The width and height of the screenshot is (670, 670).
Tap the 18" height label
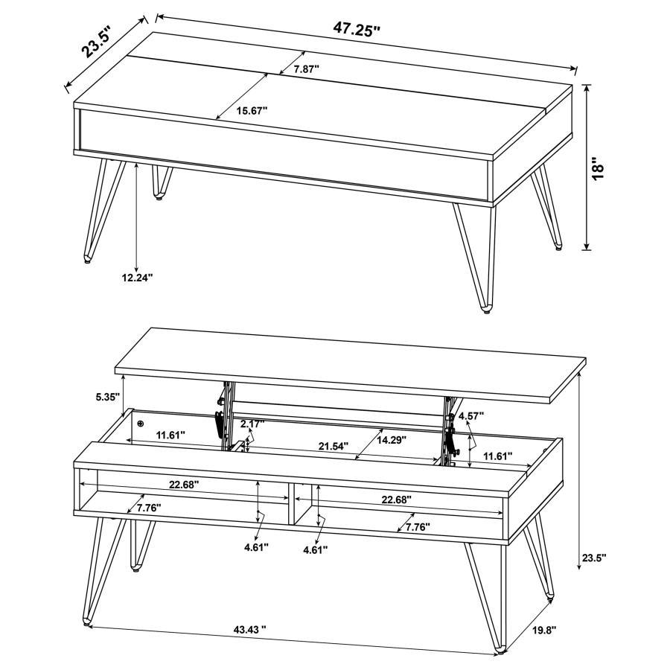click(x=612, y=167)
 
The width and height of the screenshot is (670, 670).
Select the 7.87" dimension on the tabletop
click(x=306, y=68)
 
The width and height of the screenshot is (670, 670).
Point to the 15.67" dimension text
click(x=252, y=110)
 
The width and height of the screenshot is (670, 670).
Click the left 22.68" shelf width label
click(x=183, y=484)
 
